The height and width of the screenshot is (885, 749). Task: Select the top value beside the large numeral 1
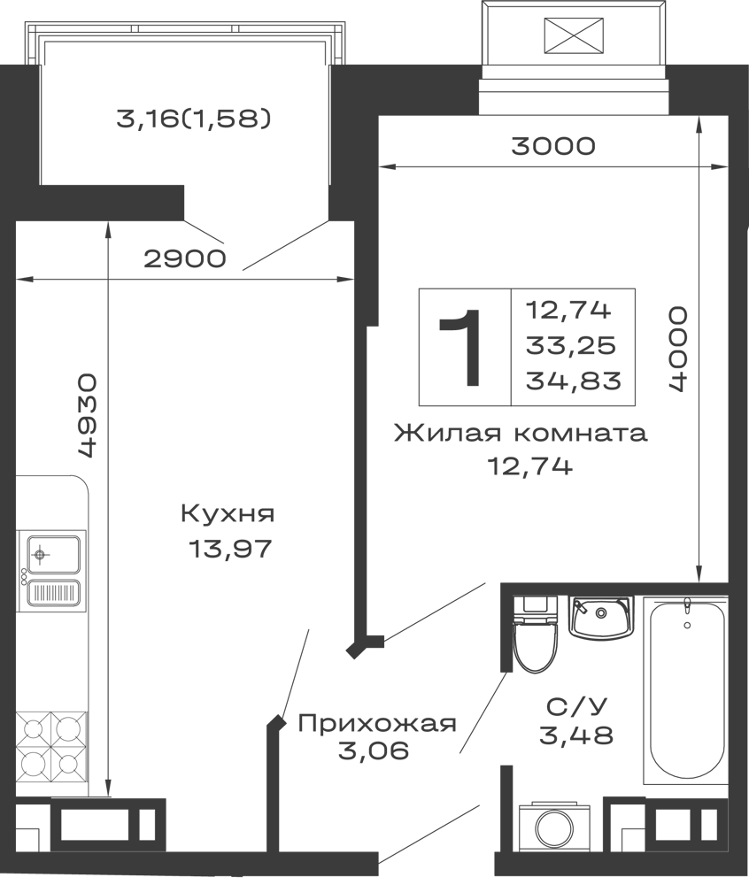[x=575, y=311]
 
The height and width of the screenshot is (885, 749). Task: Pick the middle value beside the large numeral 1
[x=575, y=347]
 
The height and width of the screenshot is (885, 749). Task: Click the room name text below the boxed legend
[x=521, y=435]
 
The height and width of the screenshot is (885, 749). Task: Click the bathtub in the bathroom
[x=685, y=690]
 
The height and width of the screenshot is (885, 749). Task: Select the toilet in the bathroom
[x=534, y=637]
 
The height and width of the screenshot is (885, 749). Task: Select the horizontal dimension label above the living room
[x=551, y=144]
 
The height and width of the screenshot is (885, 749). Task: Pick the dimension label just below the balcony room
[x=182, y=258]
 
